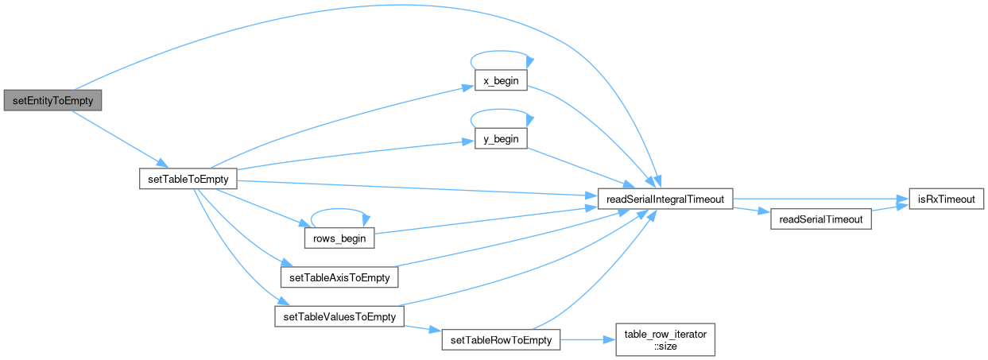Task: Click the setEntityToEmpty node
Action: [x=53, y=102]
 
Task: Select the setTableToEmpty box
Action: [x=188, y=179]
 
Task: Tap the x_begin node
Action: [x=496, y=83]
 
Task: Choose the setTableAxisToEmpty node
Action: [x=339, y=277]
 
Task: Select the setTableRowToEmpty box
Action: [x=501, y=339]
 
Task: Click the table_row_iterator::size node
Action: [x=666, y=339]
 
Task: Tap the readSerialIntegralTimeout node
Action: [x=665, y=199]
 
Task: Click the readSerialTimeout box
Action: [x=821, y=219]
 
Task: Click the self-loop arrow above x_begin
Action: [x=501, y=52]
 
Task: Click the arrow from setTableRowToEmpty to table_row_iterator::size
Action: [x=588, y=339]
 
